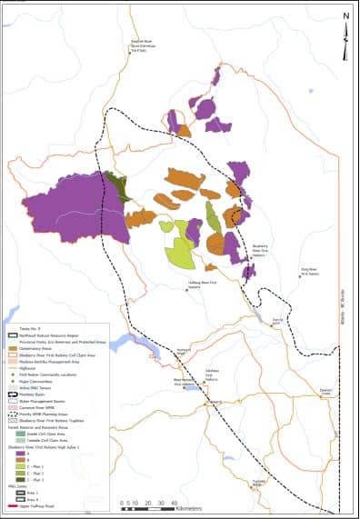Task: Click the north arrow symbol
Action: pos(345,27)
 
